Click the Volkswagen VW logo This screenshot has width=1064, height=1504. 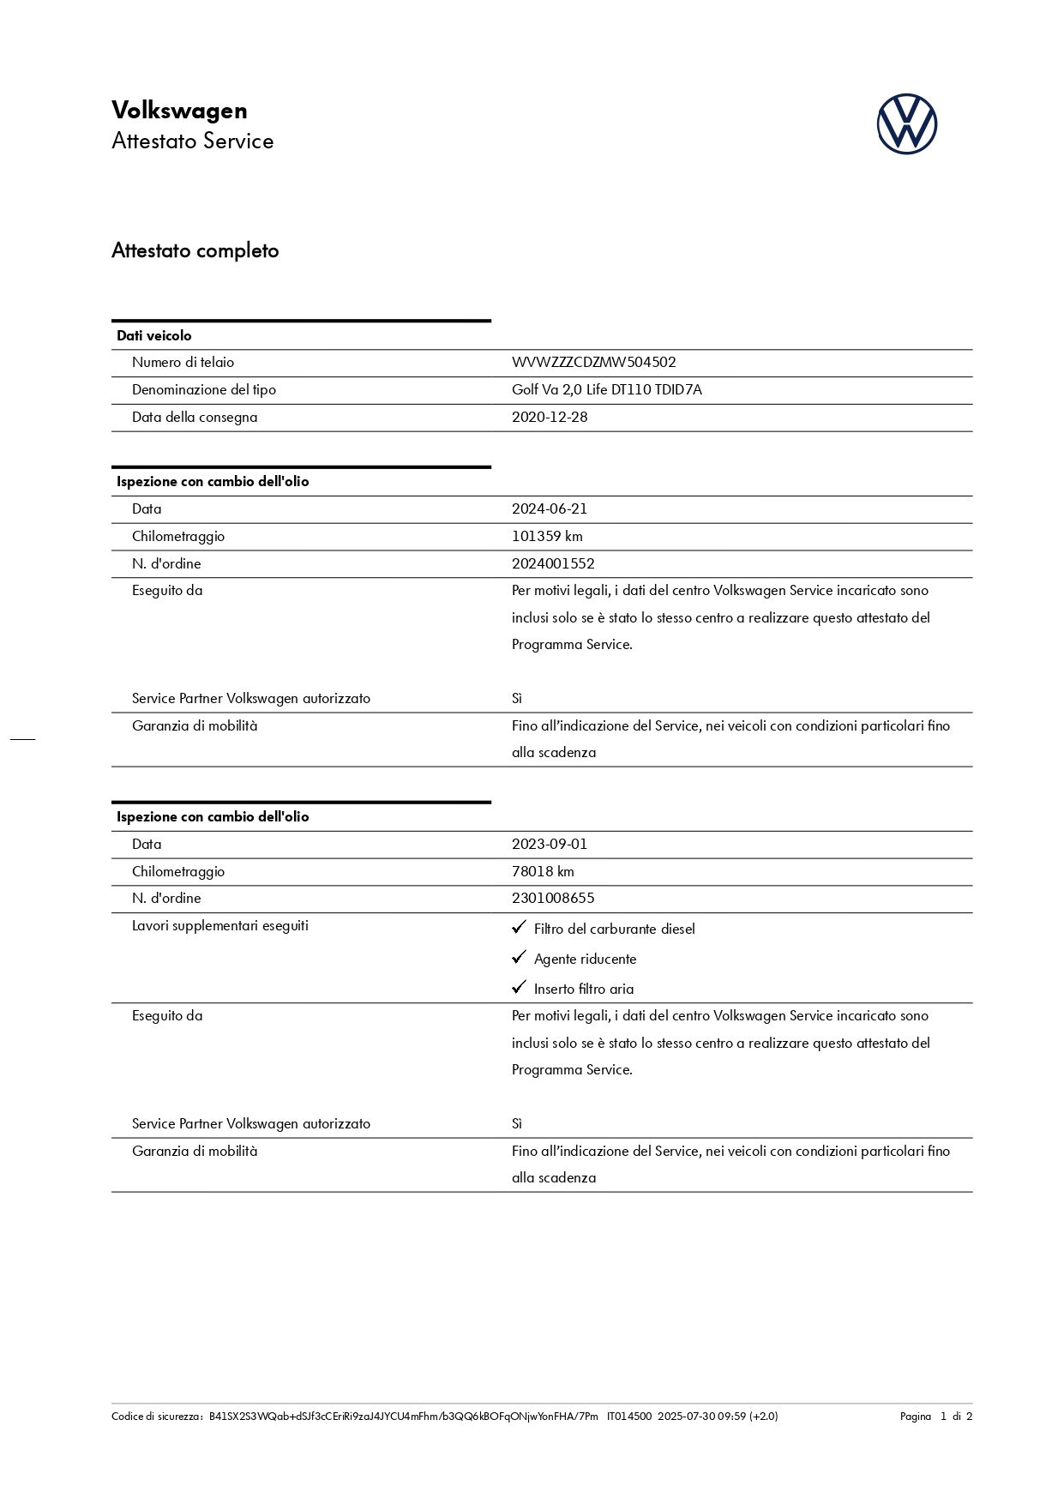(906, 124)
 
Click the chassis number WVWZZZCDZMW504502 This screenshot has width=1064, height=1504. (593, 363)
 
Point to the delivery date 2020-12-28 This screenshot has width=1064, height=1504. (550, 418)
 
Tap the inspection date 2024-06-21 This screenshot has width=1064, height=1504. (550, 509)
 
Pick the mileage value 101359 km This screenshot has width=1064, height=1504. (547, 537)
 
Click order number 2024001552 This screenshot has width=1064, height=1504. (553, 564)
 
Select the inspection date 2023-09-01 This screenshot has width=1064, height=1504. (550, 845)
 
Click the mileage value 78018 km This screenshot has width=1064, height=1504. (543, 872)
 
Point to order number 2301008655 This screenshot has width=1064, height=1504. (553, 899)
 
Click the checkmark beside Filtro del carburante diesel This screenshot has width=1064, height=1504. (519, 928)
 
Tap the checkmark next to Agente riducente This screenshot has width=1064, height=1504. (519, 958)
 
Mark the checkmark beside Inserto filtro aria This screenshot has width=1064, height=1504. (519, 988)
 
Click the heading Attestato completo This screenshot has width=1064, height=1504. (195, 251)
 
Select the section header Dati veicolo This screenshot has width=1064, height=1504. (154, 336)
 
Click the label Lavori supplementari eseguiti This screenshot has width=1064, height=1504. (220, 926)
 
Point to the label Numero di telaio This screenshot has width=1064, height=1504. (183, 363)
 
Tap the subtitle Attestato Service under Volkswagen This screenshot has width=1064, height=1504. (193, 141)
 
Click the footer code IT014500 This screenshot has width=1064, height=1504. (629, 1417)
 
